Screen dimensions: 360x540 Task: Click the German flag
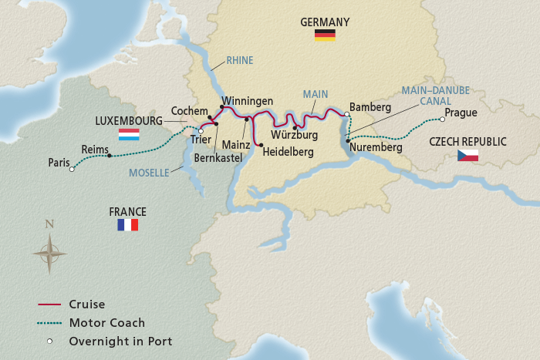(324, 35)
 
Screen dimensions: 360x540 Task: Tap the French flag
(127, 225)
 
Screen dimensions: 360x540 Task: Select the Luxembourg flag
(128, 134)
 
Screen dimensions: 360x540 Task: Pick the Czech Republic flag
(467, 156)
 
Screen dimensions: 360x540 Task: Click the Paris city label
(59, 163)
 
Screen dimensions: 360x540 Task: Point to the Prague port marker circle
(442, 119)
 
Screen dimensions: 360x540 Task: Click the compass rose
(49, 252)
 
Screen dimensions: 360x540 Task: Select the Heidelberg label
(288, 153)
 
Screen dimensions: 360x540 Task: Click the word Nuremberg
(376, 146)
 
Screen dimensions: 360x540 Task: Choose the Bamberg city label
(370, 107)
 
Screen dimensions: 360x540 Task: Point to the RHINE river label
(240, 59)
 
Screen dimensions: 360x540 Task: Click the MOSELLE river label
(149, 173)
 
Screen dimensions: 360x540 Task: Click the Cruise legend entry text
(86, 304)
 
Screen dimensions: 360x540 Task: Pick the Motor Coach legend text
(106, 322)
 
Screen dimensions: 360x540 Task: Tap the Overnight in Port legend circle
(49, 341)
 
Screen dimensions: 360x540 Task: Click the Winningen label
(248, 101)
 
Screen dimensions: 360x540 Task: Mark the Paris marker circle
(72, 169)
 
